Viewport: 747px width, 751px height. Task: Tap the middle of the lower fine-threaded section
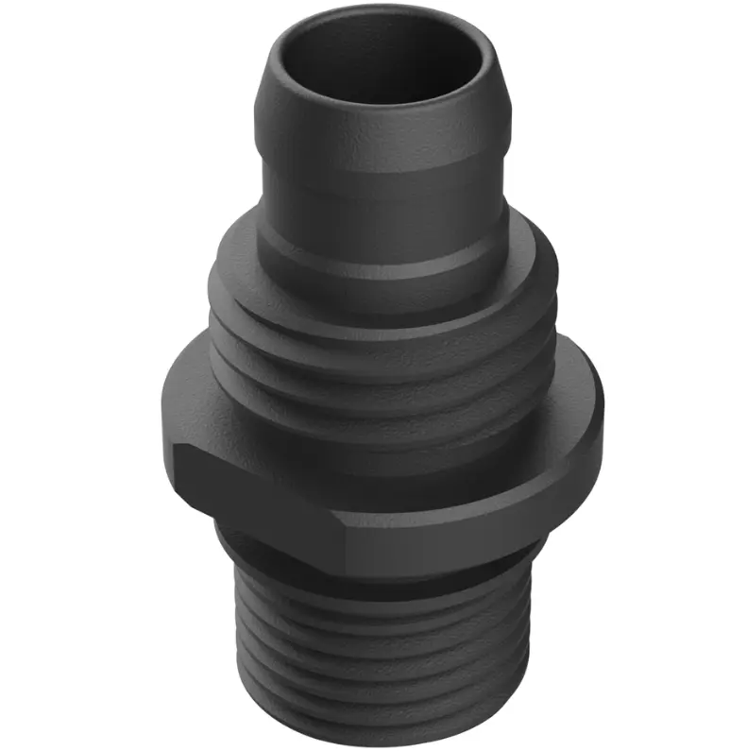[378, 652]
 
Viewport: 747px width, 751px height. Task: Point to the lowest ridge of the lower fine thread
[378, 713]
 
